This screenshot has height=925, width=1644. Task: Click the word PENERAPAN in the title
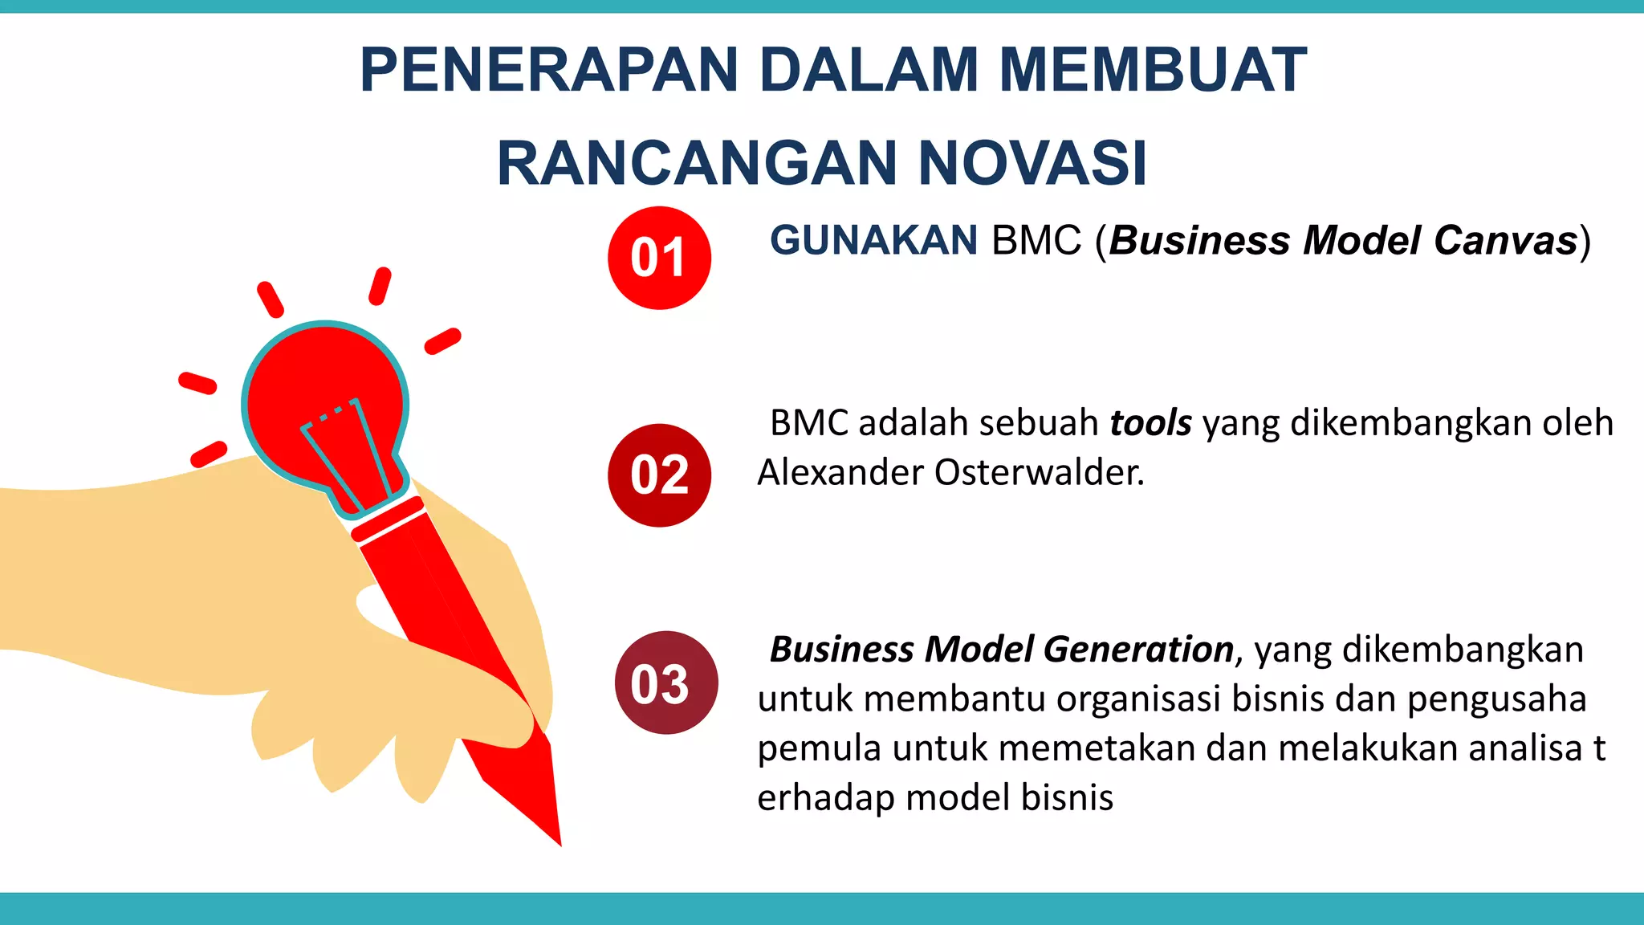tap(549, 71)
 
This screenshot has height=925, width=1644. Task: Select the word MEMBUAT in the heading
tap(1154, 71)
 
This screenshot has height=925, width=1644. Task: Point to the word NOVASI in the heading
tap(1032, 164)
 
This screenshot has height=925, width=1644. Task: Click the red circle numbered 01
tap(659, 258)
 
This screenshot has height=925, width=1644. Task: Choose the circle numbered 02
tap(659, 475)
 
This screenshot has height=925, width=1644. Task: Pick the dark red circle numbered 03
tap(665, 683)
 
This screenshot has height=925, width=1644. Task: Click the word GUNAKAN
tap(873, 241)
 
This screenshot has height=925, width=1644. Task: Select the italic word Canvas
tap(1505, 241)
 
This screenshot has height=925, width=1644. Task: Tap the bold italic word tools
tap(1150, 423)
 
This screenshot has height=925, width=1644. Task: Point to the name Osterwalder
tap(1039, 472)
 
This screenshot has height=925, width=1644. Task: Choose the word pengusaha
tap(1496, 699)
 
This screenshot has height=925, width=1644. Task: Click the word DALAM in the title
tap(869, 71)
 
